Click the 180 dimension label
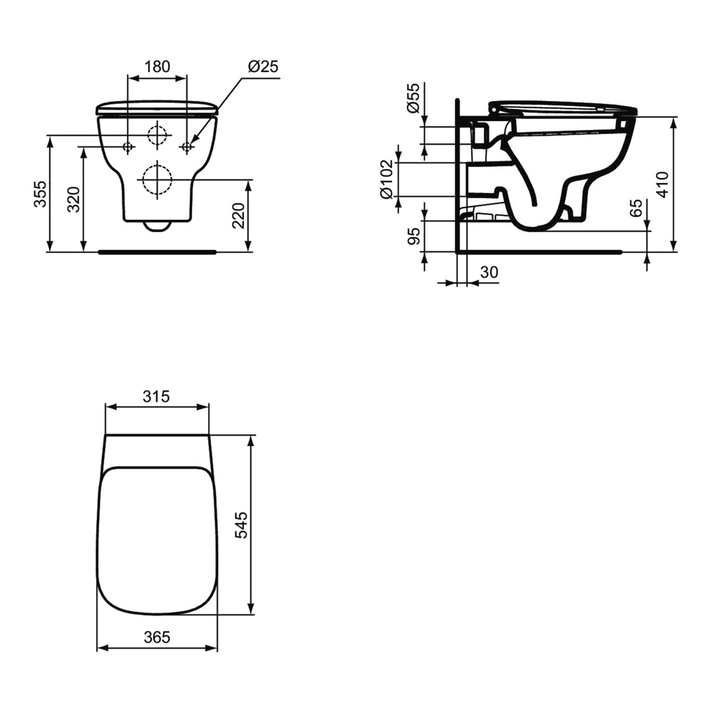pyautogui.click(x=157, y=67)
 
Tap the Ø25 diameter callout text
pyautogui.click(x=263, y=67)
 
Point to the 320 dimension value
pyautogui.click(x=73, y=199)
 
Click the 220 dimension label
pyautogui.click(x=239, y=216)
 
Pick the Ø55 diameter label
pyautogui.click(x=413, y=98)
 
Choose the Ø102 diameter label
pyautogui.click(x=387, y=179)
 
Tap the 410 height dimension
pyautogui.click(x=663, y=184)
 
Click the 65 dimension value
pyautogui.click(x=637, y=208)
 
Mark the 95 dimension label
pyautogui.click(x=414, y=236)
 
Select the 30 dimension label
pyautogui.click(x=489, y=272)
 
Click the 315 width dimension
pyautogui.click(x=156, y=396)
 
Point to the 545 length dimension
pyautogui.click(x=241, y=525)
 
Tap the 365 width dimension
pyautogui.click(x=156, y=637)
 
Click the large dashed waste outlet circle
pyautogui.click(x=157, y=180)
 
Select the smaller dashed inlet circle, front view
pyautogui.click(x=157, y=135)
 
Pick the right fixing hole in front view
pyautogui.click(x=187, y=147)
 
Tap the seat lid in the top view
pyautogui.click(x=157, y=539)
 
